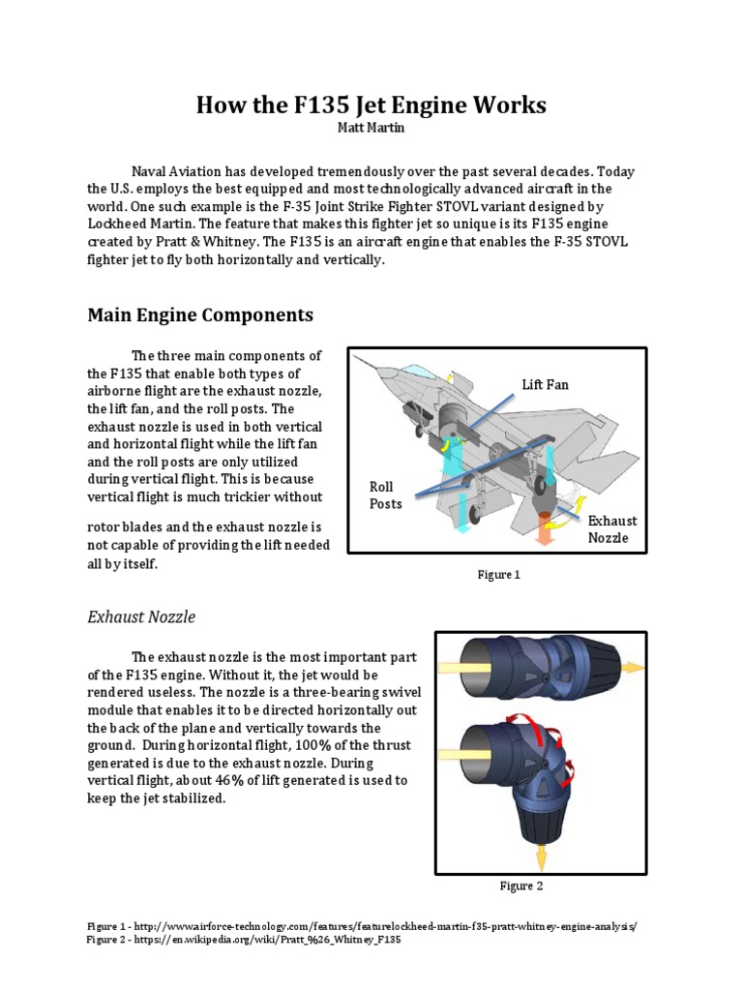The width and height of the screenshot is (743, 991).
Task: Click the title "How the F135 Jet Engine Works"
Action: (371, 105)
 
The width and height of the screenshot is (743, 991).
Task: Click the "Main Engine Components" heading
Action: (200, 315)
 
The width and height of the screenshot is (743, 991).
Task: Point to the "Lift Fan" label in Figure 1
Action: (546, 384)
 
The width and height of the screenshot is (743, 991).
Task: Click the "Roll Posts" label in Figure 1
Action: (385, 495)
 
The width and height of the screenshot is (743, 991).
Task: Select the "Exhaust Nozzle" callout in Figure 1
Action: (612, 528)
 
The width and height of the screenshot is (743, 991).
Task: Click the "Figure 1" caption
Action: (498, 575)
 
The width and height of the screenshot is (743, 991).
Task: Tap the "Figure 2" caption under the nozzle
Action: (521, 886)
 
